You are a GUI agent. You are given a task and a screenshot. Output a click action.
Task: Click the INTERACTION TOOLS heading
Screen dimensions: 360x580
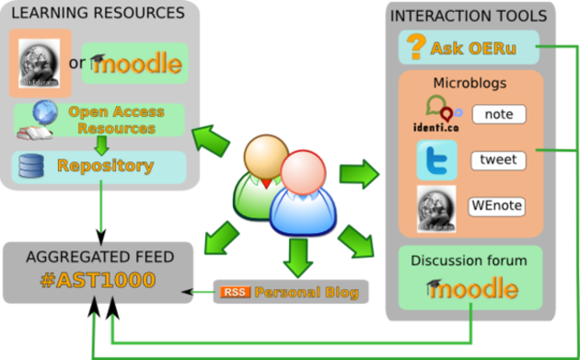468,15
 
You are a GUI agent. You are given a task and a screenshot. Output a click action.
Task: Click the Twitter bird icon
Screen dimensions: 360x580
436,161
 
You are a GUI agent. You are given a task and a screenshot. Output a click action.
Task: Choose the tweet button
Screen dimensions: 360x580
498,161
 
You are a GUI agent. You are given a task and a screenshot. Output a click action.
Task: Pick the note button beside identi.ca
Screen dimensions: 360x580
498,114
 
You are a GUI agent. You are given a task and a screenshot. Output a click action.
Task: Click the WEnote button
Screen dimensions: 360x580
497,206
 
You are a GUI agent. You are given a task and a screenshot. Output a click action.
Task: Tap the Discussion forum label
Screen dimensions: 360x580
469,260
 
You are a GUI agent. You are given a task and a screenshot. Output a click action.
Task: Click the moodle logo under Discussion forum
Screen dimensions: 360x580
472,288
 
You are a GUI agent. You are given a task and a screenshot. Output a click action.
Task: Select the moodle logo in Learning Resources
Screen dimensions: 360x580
137,64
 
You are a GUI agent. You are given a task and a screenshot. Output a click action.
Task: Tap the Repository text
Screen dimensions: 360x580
105,166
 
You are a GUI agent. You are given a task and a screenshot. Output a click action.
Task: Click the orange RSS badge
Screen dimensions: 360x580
233,292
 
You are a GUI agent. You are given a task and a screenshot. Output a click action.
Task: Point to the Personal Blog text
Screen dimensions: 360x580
306,292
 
